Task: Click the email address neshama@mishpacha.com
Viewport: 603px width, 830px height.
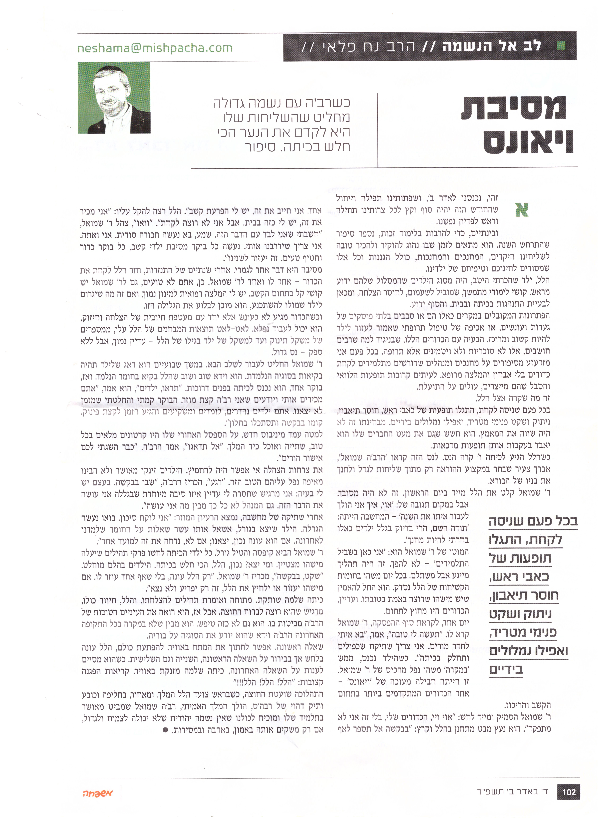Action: pos(155,48)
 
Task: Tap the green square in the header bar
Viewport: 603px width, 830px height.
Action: pos(561,46)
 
